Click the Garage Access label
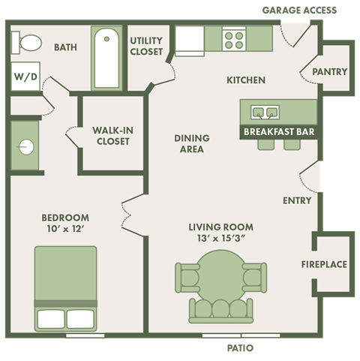click(299, 10)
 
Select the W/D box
click(23, 77)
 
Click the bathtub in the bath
click(106, 57)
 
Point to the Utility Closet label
click(147, 46)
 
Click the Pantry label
click(330, 72)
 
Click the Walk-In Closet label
click(112, 136)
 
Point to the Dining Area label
click(192, 143)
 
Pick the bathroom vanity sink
click(26, 146)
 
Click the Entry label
click(297, 200)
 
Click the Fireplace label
click(324, 264)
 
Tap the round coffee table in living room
click(220, 273)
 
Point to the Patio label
click(240, 348)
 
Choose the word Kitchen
click(246, 80)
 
